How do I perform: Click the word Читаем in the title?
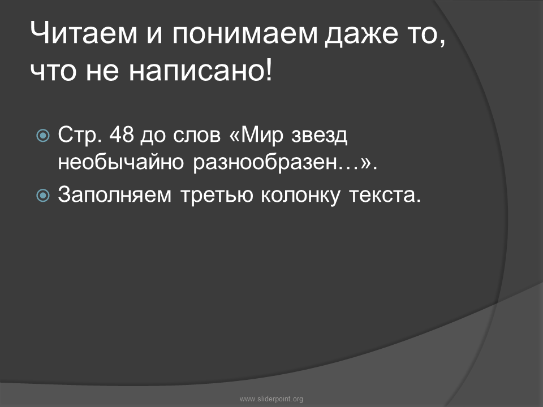click(x=84, y=33)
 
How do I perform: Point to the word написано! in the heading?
click(x=201, y=71)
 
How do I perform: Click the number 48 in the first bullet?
click(x=122, y=135)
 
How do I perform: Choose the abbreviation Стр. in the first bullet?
click(x=80, y=135)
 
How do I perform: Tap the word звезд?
click(x=319, y=136)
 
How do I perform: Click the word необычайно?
click(x=120, y=162)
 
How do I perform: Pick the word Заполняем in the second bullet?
click(x=115, y=195)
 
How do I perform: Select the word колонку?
click(x=300, y=196)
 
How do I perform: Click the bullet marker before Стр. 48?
click(x=43, y=135)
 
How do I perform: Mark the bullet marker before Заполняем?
click(x=43, y=196)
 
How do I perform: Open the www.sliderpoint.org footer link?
click(x=271, y=399)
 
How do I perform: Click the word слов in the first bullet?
click(x=197, y=136)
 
